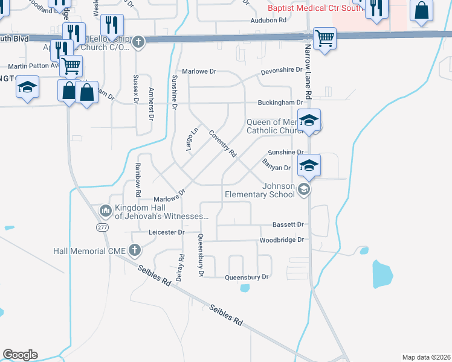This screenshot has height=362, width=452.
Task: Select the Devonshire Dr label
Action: (281, 71)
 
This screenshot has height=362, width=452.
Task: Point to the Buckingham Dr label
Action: (281, 103)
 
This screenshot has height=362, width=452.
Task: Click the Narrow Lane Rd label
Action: (308, 71)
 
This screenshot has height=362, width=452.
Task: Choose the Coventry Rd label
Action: (222, 144)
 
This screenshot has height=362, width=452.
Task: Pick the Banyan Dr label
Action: (277, 164)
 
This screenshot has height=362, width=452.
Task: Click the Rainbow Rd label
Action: (138, 180)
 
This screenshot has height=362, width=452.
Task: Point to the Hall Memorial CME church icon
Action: (135, 250)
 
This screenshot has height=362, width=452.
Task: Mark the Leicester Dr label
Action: (166, 232)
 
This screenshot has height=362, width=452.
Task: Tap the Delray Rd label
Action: (181, 265)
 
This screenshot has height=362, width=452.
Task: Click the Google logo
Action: (20, 355)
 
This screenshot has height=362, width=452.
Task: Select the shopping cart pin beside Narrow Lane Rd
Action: (325, 39)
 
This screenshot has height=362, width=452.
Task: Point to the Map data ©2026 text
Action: (425, 357)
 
